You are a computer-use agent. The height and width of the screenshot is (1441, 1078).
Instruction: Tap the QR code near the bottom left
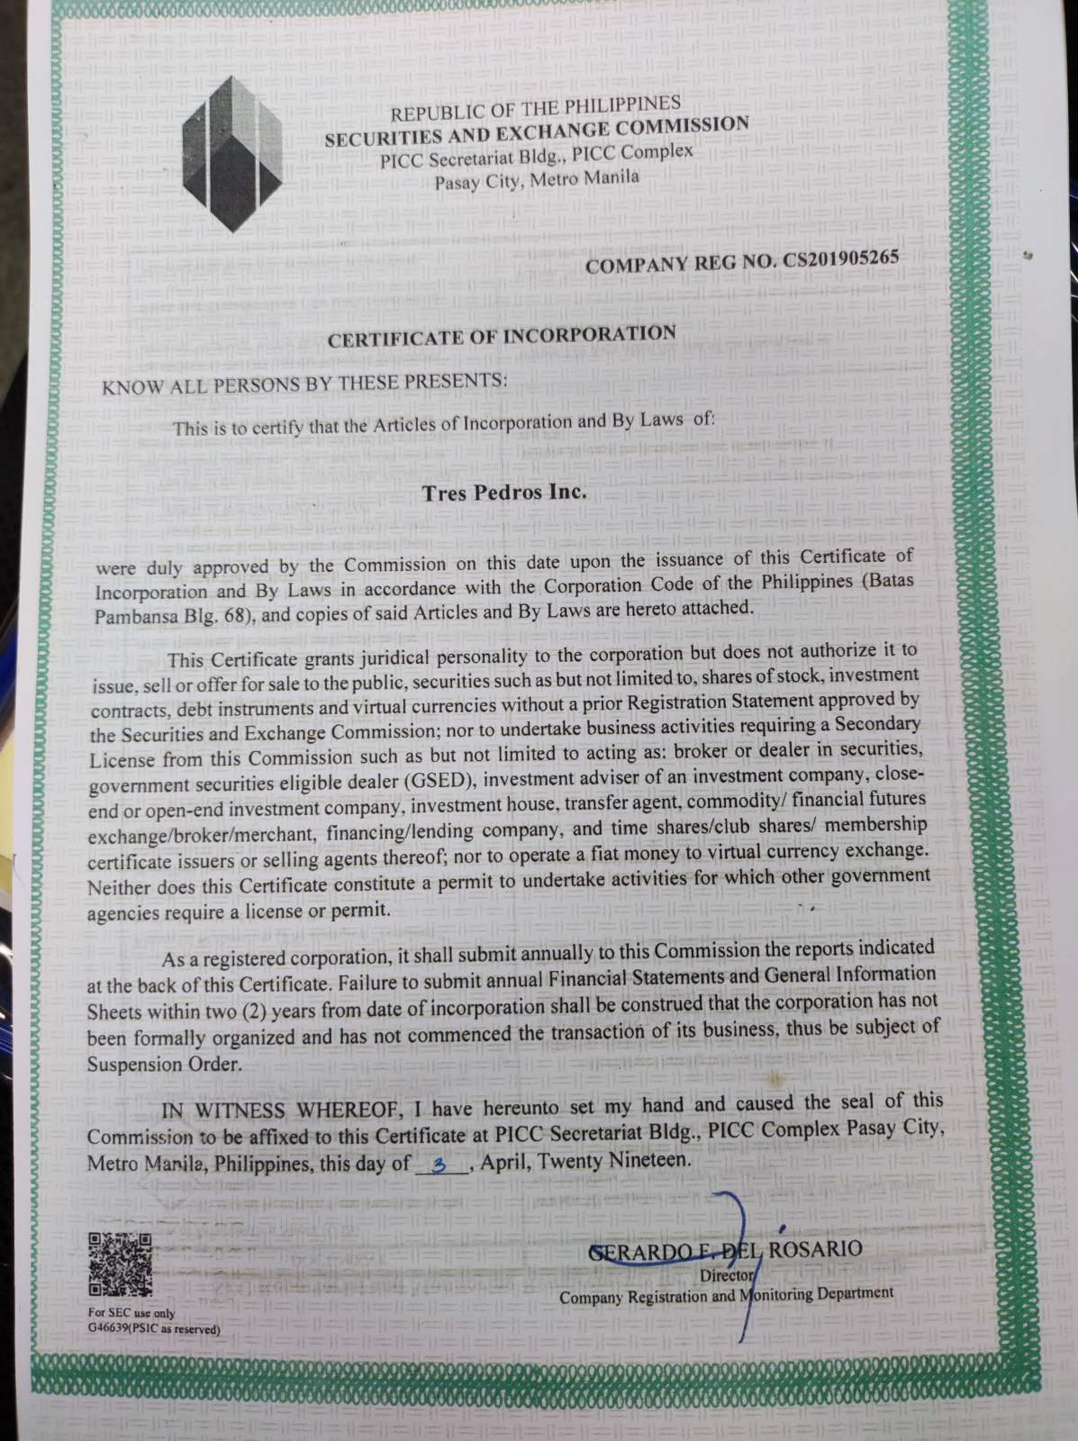pyautogui.click(x=120, y=1264)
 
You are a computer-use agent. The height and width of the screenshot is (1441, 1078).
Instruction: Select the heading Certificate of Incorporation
pyautogui.click(x=502, y=337)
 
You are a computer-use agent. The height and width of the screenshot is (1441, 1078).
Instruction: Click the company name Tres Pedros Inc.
pyautogui.click(x=503, y=493)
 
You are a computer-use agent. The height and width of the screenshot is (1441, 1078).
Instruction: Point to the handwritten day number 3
pyautogui.click(x=439, y=1164)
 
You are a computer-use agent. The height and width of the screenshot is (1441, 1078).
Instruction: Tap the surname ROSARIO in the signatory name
pyautogui.click(x=814, y=1249)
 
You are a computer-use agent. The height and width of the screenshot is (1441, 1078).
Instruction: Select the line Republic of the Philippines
pyautogui.click(x=535, y=109)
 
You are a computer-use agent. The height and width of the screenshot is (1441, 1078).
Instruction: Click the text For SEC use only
pyautogui.click(x=131, y=1313)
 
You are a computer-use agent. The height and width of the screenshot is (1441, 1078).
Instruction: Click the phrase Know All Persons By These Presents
pyautogui.click(x=304, y=384)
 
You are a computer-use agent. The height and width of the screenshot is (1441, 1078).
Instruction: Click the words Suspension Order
pyautogui.click(x=164, y=1064)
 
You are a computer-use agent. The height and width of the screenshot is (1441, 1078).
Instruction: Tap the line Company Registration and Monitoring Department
pyautogui.click(x=726, y=1295)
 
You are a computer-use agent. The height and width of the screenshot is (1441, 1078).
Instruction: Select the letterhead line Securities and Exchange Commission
pyautogui.click(x=537, y=131)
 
